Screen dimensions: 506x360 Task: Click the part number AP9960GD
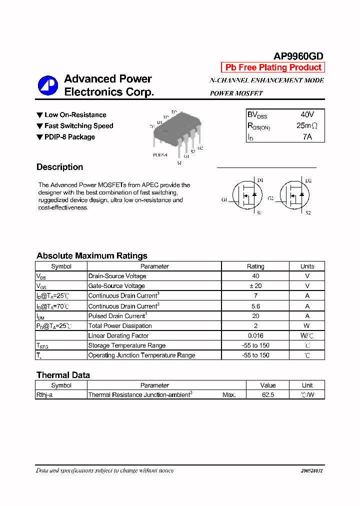tap(298, 56)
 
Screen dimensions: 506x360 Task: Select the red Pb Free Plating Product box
tap(273, 67)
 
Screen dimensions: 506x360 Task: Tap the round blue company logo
tap(48, 85)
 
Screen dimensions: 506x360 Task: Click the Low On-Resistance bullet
tap(75, 115)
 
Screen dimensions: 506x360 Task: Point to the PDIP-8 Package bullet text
tap(69, 137)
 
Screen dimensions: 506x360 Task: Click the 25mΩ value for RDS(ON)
tap(306, 125)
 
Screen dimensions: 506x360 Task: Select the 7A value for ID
tap(307, 136)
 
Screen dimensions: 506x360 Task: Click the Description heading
tap(59, 167)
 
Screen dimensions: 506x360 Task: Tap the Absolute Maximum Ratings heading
tap(91, 255)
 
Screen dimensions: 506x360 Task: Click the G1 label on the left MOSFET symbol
tap(224, 199)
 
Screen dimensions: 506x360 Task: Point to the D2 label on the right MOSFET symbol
tap(308, 180)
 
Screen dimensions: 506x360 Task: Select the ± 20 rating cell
tap(255, 286)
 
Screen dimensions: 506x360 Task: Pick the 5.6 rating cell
tap(255, 306)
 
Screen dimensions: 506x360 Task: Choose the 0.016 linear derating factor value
tap(255, 336)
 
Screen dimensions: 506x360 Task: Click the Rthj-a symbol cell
tap(46, 394)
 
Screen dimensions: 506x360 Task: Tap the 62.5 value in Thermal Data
tap(268, 394)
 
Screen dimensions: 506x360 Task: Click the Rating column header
tap(255, 266)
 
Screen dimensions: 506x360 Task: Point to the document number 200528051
tap(312, 471)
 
